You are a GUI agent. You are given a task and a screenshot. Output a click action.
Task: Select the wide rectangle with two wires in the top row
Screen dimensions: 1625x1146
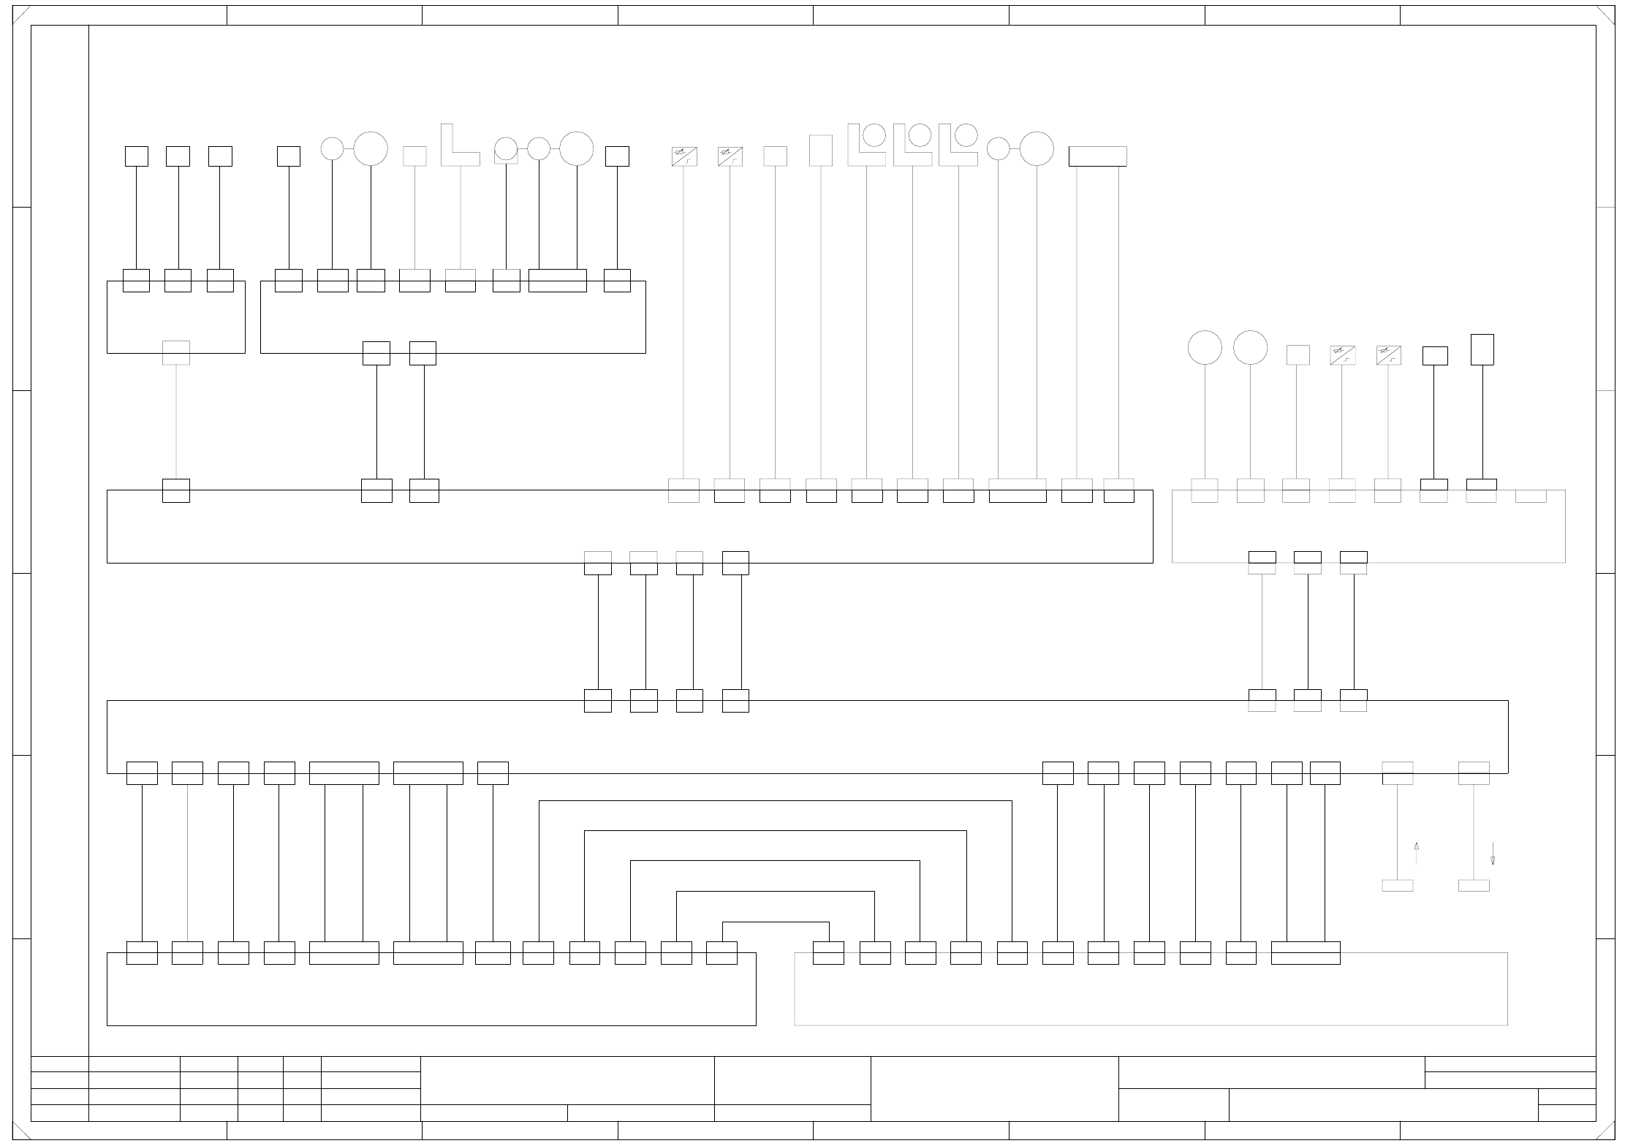click(1097, 156)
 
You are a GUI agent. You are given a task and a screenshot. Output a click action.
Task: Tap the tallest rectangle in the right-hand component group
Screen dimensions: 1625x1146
click(1482, 349)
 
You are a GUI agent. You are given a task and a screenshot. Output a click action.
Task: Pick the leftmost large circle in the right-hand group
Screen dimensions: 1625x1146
click(1205, 347)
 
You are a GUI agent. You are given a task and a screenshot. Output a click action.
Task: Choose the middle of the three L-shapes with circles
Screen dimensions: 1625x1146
click(912, 145)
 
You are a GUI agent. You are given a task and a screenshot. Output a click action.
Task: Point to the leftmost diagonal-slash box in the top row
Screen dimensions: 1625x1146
click(684, 156)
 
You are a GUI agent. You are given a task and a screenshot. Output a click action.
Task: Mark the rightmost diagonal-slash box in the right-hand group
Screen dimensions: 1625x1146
click(1388, 355)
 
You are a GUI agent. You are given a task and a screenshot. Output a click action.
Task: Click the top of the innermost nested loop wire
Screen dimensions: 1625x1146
click(776, 922)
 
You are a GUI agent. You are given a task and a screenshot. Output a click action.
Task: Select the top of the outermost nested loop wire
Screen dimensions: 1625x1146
click(776, 801)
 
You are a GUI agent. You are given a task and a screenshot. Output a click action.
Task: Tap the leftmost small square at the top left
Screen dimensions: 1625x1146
click(137, 156)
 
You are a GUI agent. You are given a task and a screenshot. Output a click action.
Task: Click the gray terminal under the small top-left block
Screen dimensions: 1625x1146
click(176, 353)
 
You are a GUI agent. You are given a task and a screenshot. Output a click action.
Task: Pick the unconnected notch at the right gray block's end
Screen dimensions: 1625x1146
click(1531, 496)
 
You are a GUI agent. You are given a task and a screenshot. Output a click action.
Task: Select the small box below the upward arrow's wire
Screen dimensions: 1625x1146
click(1397, 886)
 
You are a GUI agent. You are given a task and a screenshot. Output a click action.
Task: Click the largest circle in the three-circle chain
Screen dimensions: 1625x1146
click(576, 148)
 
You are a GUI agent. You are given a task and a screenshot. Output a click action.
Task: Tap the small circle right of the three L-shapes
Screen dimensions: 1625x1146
click(998, 148)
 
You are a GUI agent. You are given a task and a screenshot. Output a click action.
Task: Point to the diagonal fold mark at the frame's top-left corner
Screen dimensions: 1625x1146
click(21, 15)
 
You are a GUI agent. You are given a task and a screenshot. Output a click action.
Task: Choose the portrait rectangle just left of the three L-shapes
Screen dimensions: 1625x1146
click(821, 151)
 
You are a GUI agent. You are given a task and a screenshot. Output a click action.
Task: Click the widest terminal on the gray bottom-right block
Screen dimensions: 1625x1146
click(1306, 953)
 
